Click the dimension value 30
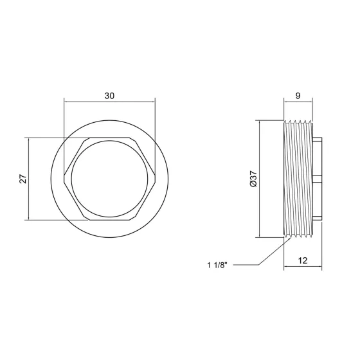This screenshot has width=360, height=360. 109,96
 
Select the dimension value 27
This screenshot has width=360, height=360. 23,179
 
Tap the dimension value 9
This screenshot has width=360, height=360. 298,96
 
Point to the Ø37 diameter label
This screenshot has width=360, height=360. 253,179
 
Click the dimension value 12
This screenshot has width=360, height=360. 303,260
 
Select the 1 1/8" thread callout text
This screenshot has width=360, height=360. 217,265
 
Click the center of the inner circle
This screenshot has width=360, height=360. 110,179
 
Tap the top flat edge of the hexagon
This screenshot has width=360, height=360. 109,138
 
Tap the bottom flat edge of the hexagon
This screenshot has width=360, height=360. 109,220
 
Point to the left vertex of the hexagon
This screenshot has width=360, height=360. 64,179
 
